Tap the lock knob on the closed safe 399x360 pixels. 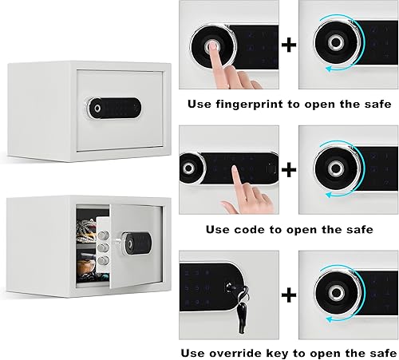pyautogui.click(x=97, y=107)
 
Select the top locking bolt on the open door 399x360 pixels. pyautogui.click(x=105, y=232)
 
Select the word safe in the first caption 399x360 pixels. pyautogui.click(x=376, y=105)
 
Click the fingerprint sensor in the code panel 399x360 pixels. pyautogui.click(x=190, y=168)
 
